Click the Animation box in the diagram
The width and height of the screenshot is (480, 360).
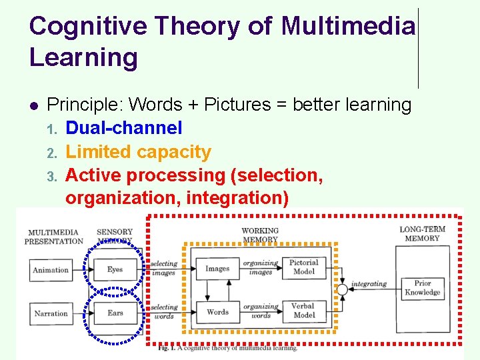click(x=51, y=270)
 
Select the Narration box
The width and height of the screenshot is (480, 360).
click(x=51, y=313)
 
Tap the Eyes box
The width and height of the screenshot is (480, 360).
click(x=115, y=270)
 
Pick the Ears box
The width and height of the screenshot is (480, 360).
click(x=115, y=313)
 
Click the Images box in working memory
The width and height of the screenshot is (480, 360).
click(x=217, y=269)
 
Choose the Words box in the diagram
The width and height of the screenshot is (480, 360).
click(x=217, y=312)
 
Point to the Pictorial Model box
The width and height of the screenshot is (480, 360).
click(x=303, y=267)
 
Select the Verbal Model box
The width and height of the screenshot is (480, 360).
click(x=303, y=311)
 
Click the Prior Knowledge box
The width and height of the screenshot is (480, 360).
click(x=423, y=288)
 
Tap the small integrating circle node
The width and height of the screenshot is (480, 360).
click(x=342, y=289)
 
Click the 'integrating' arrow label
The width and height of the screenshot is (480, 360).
click(x=369, y=284)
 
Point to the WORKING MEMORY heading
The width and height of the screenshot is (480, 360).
click(x=260, y=235)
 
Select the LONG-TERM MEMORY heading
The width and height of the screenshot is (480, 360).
click(x=422, y=234)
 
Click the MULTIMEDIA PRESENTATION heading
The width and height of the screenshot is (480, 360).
click(x=54, y=237)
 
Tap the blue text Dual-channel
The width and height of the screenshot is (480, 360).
click(x=124, y=128)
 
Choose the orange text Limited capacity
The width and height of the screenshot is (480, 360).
click(x=139, y=152)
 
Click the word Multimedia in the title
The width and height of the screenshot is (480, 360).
click(x=348, y=27)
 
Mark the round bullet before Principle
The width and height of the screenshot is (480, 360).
click(x=33, y=105)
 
